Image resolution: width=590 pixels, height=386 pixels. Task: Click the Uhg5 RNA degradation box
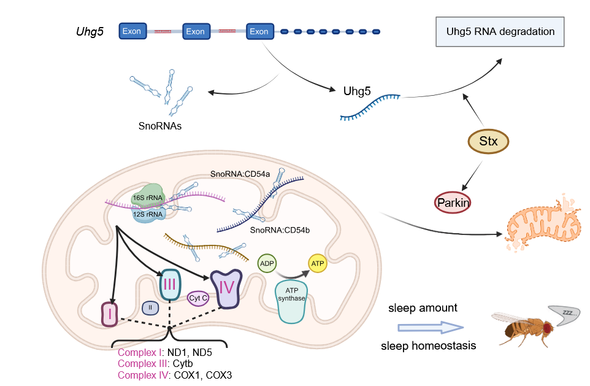(499, 31)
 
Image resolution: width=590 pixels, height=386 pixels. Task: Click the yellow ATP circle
(317, 264)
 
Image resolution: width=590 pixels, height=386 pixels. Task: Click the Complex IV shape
(224, 288)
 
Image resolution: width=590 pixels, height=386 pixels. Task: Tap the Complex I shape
(110, 315)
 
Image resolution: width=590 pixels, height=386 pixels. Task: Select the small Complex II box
(150, 307)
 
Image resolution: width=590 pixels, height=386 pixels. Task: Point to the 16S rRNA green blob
(147, 198)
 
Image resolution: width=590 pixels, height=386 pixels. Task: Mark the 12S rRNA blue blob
(147, 214)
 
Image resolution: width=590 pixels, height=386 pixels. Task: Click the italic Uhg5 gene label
(88, 31)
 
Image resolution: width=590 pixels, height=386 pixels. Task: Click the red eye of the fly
(545, 327)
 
